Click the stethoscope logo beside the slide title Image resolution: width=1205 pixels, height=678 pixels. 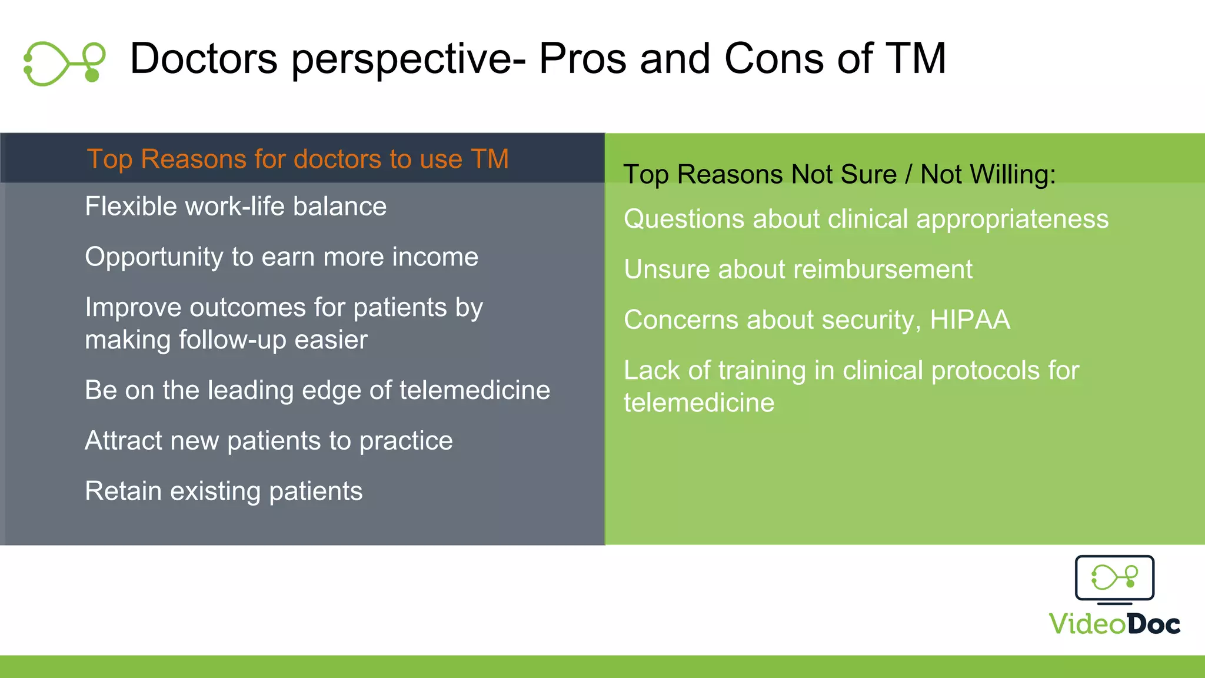[x=64, y=63]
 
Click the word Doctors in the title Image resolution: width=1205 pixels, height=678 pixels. [x=204, y=59]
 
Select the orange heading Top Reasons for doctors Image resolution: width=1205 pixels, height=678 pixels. [x=298, y=159]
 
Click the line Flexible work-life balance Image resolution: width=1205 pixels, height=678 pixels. [x=235, y=207]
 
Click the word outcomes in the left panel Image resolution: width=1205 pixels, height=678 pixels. [x=247, y=308]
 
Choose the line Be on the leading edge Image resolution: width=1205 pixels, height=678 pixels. [x=317, y=390]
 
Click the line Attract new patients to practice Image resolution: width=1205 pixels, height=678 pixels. [x=268, y=441]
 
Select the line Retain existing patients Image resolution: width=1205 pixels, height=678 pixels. [x=224, y=491]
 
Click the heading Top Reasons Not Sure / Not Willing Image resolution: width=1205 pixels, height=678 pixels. [x=839, y=175]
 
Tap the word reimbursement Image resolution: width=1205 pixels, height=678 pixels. [x=883, y=270]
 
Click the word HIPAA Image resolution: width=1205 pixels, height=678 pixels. [x=970, y=320]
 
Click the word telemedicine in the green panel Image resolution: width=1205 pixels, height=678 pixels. [x=699, y=403]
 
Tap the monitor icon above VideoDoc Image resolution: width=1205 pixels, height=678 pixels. [x=1114, y=579]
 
